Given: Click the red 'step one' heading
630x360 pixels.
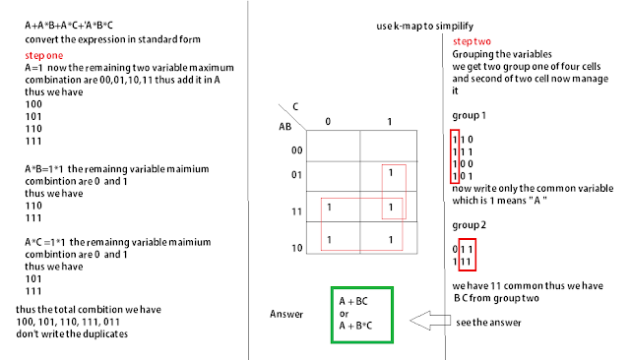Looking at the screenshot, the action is [43, 57].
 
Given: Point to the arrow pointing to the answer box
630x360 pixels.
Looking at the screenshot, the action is [429, 318].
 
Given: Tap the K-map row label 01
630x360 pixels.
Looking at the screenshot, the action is [297, 179].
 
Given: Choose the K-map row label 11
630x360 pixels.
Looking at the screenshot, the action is [297, 210].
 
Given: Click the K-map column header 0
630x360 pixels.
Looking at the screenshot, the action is [328, 121].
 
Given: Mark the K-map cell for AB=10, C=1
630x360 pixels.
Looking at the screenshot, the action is [391, 240].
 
